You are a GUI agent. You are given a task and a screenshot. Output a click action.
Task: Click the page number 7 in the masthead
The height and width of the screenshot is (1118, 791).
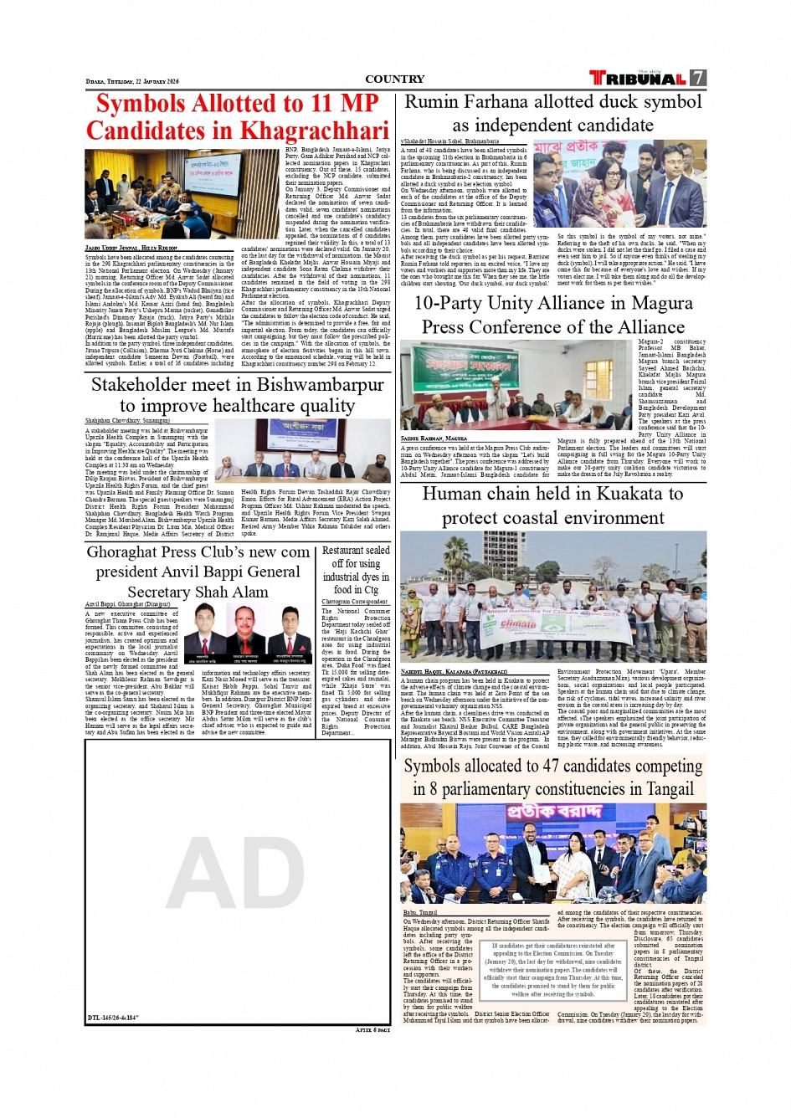pyautogui.click(x=698, y=78)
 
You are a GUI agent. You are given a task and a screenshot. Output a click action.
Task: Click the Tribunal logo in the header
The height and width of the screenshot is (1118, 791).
pyautogui.click(x=638, y=78)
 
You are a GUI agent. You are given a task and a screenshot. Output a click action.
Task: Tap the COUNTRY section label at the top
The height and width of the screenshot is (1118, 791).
pyautogui.click(x=394, y=79)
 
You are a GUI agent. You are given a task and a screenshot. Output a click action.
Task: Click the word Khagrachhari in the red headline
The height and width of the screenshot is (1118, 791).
pyautogui.click(x=314, y=131)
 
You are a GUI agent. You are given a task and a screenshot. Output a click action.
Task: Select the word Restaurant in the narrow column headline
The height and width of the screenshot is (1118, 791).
pyautogui.click(x=343, y=551)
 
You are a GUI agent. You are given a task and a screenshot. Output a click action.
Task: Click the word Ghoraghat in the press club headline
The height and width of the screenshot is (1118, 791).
pyautogui.click(x=124, y=552)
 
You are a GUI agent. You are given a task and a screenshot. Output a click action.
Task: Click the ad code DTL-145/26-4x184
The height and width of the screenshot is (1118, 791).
pyautogui.click(x=113, y=1018)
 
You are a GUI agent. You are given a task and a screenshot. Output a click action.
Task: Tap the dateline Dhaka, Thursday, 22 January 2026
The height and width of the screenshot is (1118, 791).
pyautogui.click(x=132, y=82)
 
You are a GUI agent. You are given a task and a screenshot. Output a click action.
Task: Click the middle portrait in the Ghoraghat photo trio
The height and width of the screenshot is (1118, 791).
pyautogui.click(x=244, y=633)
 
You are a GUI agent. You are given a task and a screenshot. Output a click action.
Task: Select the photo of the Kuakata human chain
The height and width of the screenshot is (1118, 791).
pyautogui.click(x=552, y=597)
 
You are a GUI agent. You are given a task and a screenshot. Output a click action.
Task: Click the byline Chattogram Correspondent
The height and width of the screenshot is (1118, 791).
pyautogui.click(x=355, y=602)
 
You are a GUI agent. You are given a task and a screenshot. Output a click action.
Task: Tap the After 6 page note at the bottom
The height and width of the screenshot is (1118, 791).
pyautogui.click(x=372, y=1030)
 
